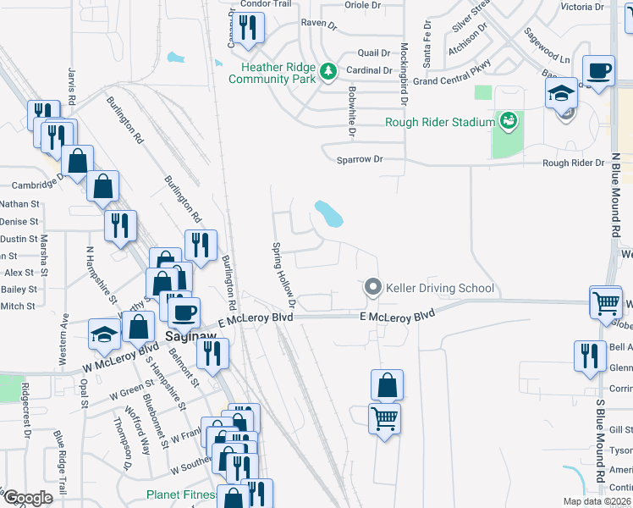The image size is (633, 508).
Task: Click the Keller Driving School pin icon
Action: pyautogui.click(x=373, y=289)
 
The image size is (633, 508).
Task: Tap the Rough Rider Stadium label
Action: pyautogui.click(x=439, y=122)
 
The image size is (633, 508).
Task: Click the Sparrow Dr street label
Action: pyautogui.click(x=360, y=159)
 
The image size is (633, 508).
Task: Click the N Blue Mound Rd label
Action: pyautogui.click(x=614, y=196)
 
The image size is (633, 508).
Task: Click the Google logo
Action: pyautogui.click(x=28, y=499)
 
